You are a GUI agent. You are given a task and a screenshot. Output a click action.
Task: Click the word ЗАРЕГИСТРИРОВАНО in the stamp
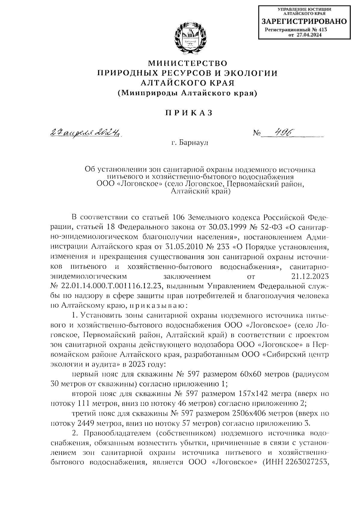click(x=304, y=22)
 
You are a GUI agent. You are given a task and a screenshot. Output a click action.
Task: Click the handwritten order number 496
click(x=282, y=132)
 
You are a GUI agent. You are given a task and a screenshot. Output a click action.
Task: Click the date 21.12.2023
click(x=310, y=276)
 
